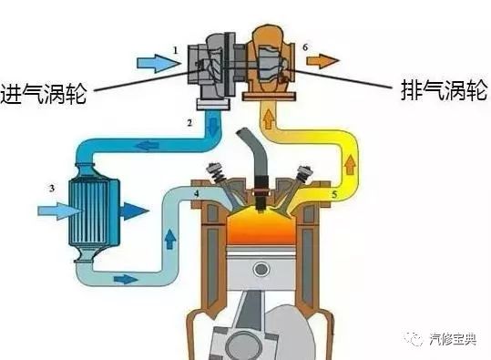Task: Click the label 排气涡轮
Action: [x=444, y=89]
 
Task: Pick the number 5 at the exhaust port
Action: [x=334, y=194]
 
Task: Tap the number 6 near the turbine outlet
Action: [x=304, y=46]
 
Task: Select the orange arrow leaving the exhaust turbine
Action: [x=322, y=62]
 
